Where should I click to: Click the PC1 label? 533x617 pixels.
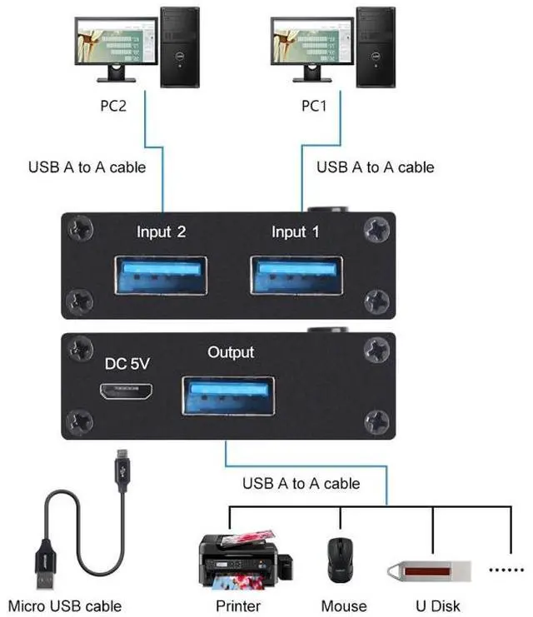(x=316, y=107)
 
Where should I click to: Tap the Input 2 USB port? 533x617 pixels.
(x=162, y=276)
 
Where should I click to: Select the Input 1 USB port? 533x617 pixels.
(x=296, y=276)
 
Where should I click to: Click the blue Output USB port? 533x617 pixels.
(x=228, y=395)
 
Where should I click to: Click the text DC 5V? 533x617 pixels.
(x=127, y=364)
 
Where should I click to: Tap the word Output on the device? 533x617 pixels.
(x=231, y=353)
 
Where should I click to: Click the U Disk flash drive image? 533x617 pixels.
(x=428, y=572)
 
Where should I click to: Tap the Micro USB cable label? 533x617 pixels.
(x=65, y=606)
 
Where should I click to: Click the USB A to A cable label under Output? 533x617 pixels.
(x=301, y=483)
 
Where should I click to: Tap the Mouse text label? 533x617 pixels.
(x=343, y=606)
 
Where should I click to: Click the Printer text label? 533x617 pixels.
(x=238, y=606)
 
